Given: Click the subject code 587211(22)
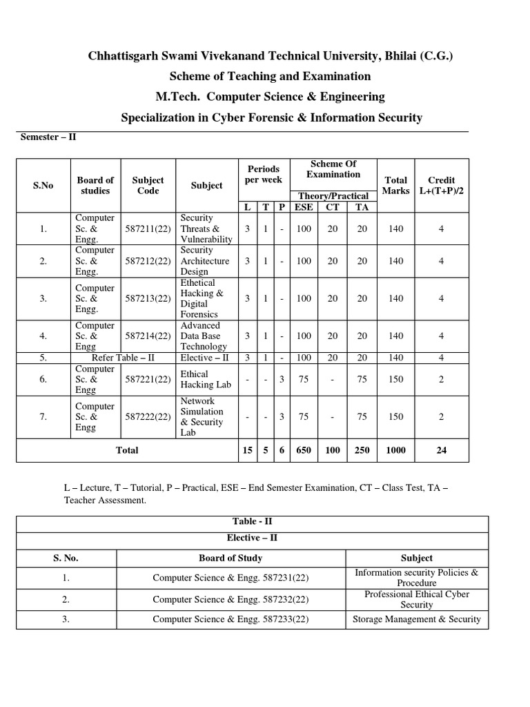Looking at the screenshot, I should (148, 229).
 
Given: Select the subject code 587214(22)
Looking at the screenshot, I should (148, 336).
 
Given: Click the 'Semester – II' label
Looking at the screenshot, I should (47, 137).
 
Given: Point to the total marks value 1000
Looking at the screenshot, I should (396, 450).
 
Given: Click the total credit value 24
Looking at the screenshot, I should (442, 450).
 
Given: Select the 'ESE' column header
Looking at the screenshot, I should (304, 206).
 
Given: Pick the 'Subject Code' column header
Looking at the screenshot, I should (148, 185).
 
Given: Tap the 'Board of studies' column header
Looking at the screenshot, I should (95, 185).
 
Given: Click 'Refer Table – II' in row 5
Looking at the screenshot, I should (121, 358).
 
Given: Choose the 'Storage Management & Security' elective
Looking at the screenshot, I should (416, 619).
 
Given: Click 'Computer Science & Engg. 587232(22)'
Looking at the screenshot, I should (230, 599).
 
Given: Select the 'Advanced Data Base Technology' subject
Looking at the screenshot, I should (203, 336).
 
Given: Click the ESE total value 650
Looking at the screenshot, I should (304, 450).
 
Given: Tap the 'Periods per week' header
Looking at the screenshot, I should (263, 174).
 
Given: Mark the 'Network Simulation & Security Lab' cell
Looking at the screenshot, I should (203, 416).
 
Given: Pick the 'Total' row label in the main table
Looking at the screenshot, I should (126, 450).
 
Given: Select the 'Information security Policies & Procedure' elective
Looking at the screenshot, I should (416, 578).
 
